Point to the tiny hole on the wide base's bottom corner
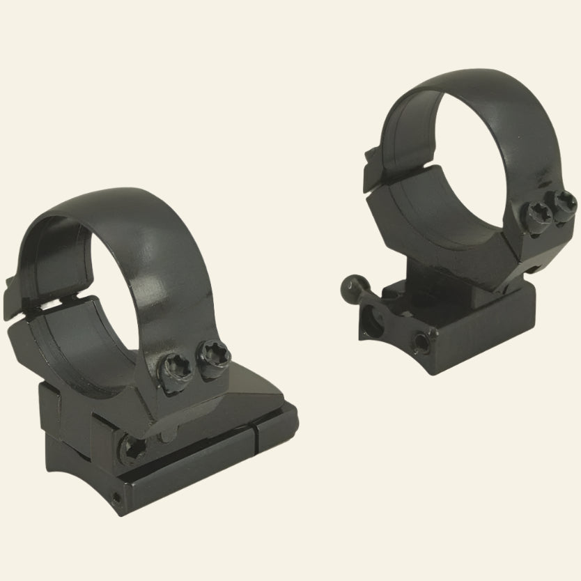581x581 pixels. coord(115,498)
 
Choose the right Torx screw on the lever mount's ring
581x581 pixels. coord(562,205)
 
